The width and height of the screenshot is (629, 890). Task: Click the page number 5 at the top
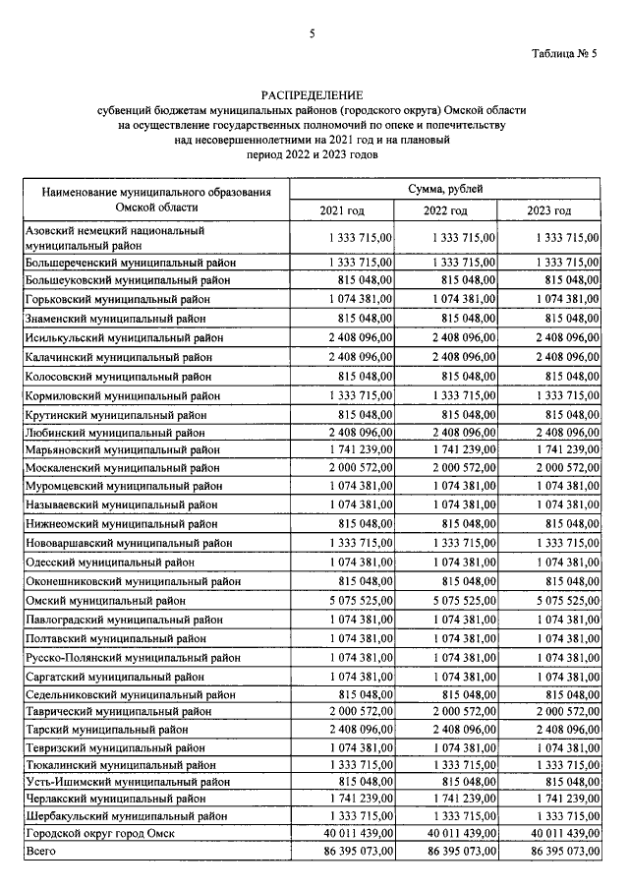[x=312, y=34]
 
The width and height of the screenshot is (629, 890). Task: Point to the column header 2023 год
[x=549, y=211]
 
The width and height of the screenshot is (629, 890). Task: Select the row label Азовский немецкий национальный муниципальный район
[x=114, y=237]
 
